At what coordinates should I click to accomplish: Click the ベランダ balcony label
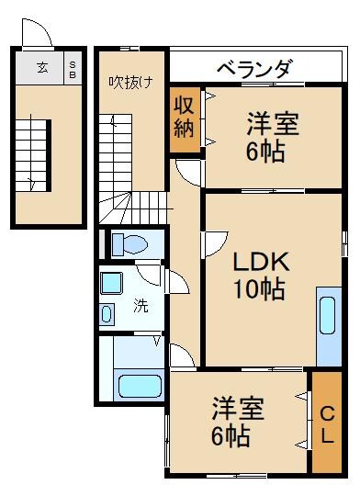point(254,69)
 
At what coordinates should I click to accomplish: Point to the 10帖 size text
point(258,290)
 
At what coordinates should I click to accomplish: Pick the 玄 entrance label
point(42,66)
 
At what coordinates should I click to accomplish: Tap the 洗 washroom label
point(141,306)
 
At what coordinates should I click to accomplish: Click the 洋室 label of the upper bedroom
point(264,122)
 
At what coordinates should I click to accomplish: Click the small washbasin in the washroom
point(107,315)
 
